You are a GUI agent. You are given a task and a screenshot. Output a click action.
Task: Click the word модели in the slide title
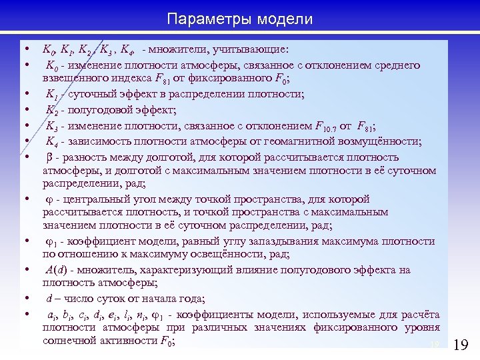point(283,17)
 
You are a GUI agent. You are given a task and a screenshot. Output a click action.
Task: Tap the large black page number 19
point(461,345)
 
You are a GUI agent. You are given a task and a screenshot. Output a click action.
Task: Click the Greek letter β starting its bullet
point(49,157)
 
